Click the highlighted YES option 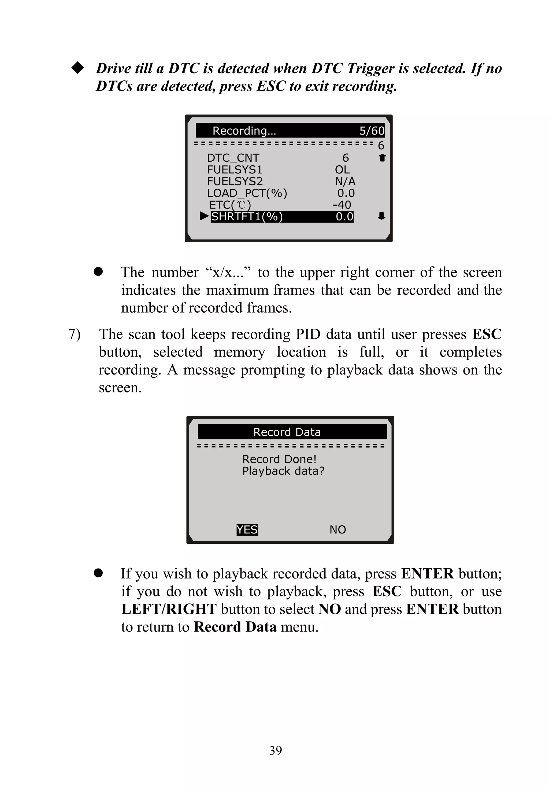[247, 529]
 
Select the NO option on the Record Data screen [337, 529]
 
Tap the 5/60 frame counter [372, 131]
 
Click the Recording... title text [244, 131]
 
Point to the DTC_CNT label [233, 158]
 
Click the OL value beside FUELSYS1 [342, 170]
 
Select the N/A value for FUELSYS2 [345, 181]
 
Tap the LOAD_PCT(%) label [247, 193]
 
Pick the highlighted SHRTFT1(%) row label [247, 216]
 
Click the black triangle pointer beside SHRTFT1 [204, 216]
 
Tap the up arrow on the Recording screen [382, 158]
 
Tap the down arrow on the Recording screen [381, 216]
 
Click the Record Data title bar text [287, 432]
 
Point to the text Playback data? [283, 471]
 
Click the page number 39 [275, 750]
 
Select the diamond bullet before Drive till [77, 68]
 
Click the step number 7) [74, 334]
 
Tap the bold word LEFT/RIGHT [169, 609]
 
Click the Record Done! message [279, 459]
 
